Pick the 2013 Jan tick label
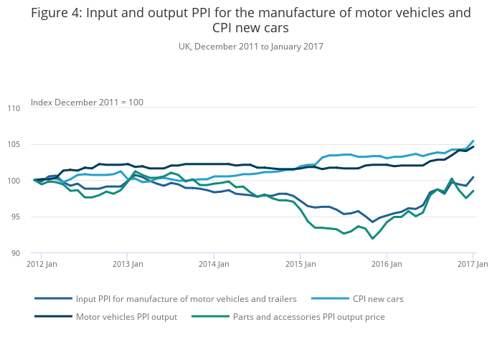pos(127,265)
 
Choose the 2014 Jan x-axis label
pos(214,265)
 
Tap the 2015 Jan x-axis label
pos(300,265)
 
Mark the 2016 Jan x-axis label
pos(387,265)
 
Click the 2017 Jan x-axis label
pos(473,265)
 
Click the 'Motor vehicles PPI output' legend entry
pos(126,316)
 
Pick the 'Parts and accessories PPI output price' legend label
pos(310,316)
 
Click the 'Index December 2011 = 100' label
pos(87,103)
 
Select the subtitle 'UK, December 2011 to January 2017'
pos(250,47)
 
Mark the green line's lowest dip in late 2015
pos(373,238)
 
